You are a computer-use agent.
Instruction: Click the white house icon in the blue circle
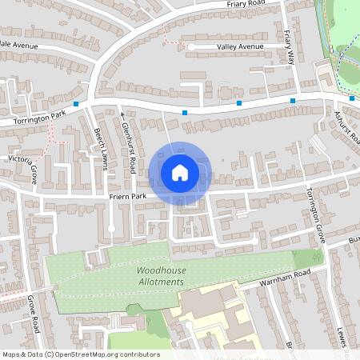click(180, 172)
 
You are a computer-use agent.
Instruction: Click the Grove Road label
click(34, 315)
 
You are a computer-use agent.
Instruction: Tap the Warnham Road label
click(284, 280)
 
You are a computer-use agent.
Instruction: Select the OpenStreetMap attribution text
click(80, 354)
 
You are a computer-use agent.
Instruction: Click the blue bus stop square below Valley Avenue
click(185, 113)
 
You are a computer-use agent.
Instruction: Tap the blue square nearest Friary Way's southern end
click(293, 101)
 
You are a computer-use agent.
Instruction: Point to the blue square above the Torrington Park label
click(75, 104)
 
